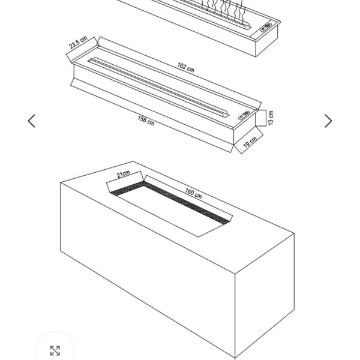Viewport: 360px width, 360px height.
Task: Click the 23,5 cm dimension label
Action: [x=78, y=43]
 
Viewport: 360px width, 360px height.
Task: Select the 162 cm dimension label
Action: [x=186, y=67]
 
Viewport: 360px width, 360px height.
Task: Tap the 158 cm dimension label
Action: [x=146, y=121]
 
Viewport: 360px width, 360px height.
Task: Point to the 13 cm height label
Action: [x=271, y=118]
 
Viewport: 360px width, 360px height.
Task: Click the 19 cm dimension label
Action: [x=250, y=142]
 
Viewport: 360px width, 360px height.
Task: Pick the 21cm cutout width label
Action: [x=123, y=174]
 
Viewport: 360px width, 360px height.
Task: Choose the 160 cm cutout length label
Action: [x=193, y=193]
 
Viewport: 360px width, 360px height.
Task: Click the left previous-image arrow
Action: [x=32, y=121]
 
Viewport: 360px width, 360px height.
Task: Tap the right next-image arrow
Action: [x=328, y=121]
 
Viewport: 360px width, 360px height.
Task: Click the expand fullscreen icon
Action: [x=55, y=350]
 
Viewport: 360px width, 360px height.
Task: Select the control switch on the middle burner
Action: [x=244, y=115]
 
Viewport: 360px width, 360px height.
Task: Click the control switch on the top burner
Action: [x=266, y=27]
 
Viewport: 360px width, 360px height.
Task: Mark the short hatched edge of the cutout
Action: [x=127, y=188]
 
